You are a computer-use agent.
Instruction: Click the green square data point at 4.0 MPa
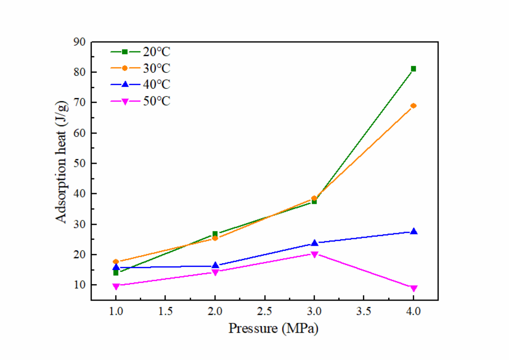[x=413, y=69]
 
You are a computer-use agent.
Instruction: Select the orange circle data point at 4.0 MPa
[x=413, y=106]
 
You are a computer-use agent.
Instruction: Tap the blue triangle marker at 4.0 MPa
[x=414, y=231]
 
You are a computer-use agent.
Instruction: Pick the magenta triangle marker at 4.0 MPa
[x=414, y=288]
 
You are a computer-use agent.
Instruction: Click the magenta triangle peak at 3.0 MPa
[x=314, y=254]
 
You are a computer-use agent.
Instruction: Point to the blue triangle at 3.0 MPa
[x=314, y=243]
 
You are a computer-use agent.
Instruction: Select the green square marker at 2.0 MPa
[x=215, y=234]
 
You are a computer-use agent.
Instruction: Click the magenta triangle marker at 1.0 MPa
[x=116, y=286]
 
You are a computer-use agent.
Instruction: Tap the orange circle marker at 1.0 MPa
[x=116, y=262]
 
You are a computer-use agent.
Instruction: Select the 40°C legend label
[x=156, y=84]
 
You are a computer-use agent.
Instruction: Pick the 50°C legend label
[x=156, y=101]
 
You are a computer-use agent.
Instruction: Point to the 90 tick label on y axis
[x=79, y=42]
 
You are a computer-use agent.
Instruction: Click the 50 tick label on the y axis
[x=79, y=163]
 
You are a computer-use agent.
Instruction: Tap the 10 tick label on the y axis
[x=79, y=285]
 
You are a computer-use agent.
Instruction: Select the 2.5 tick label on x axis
[x=264, y=311]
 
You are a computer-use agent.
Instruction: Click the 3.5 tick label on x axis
[x=363, y=311]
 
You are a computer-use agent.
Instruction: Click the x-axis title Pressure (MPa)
[x=273, y=328]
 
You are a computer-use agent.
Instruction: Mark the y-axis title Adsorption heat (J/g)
[x=61, y=162]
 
